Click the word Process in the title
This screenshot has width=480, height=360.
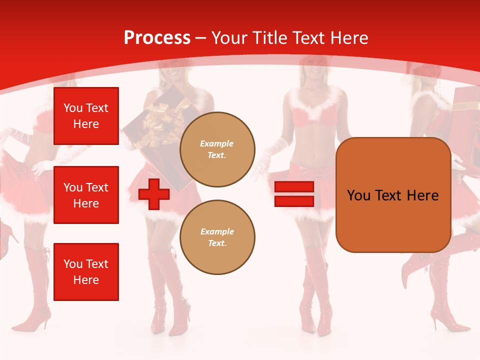(157, 38)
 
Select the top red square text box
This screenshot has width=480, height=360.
(86, 116)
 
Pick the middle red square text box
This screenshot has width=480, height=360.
(86, 195)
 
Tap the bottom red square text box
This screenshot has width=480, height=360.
(86, 272)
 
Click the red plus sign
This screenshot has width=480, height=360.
(154, 194)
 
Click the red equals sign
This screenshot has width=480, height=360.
(294, 194)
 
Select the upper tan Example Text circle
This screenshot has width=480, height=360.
(217, 149)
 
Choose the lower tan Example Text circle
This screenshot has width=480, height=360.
(217, 237)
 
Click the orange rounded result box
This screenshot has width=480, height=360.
(393, 195)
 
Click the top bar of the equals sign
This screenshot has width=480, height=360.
(294, 187)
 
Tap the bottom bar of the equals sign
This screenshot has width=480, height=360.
(294, 201)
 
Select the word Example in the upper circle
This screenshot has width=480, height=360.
(217, 143)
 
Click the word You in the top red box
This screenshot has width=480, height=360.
(73, 108)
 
